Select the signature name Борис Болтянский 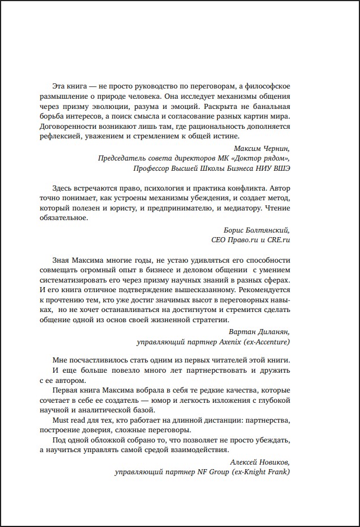[x=258, y=229]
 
